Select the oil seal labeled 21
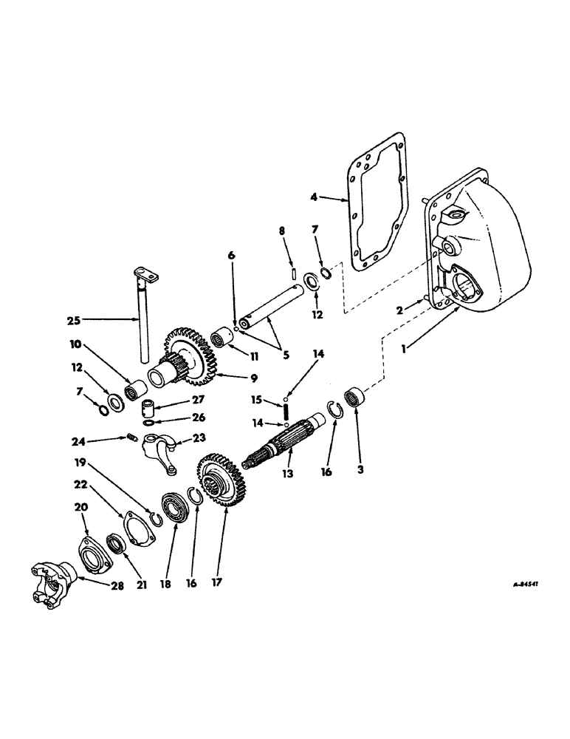click(x=118, y=545)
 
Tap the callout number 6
click(x=231, y=255)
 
